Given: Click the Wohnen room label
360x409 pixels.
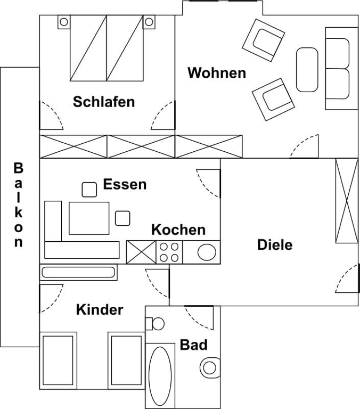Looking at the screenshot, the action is pos(217,73).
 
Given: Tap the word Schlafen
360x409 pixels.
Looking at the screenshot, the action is pos(104,102).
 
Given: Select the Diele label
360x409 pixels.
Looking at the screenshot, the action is pos(275,245).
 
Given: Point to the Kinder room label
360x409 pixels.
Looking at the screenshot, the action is pos(100,310).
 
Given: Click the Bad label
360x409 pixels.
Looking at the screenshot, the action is pos(193,345).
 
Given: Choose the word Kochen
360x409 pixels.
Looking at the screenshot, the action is pos(178,230).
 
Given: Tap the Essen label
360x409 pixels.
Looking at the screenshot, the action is pos(125,184).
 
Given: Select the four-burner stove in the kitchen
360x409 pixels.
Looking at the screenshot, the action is pos(169,252).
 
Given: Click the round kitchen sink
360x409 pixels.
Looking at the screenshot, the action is pos(207,252).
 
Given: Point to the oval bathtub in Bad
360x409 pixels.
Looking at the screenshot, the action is pos(160,375).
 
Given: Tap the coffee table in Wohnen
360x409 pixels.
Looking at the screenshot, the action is pos(307,70).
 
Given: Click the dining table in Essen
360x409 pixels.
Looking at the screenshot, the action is pos(89,218).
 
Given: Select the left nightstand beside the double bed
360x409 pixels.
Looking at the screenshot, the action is pos(64,22).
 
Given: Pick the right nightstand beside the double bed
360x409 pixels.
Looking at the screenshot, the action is pos(149,22).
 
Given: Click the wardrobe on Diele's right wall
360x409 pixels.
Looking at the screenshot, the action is pos(347,201).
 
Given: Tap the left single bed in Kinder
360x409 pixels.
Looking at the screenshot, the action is pos(58,361).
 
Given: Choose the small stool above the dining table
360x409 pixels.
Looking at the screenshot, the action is pos(89,190).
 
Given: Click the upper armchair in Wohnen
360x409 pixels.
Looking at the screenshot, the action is pos(263,40).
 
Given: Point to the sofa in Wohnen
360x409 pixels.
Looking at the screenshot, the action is pos(341,68).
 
